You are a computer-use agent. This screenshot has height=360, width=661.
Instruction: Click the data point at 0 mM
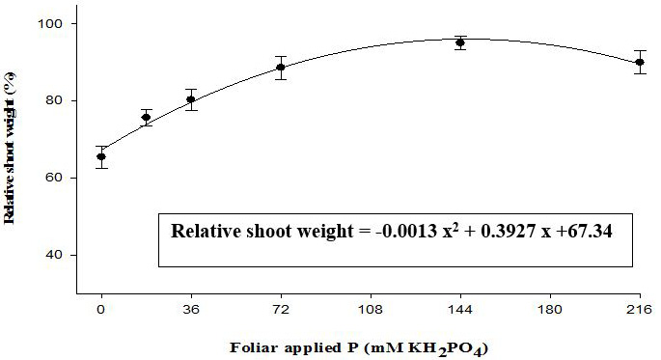(x=101, y=156)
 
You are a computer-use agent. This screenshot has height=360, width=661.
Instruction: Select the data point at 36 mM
(x=191, y=99)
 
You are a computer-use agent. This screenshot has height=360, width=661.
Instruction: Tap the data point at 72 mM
(x=281, y=68)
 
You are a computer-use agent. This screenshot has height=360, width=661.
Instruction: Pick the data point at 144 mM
(x=460, y=42)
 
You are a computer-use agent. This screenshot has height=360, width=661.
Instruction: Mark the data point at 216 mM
(x=640, y=62)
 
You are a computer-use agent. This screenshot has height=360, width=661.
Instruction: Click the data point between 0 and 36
(x=147, y=117)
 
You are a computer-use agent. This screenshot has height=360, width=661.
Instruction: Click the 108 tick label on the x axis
(x=371, y=310)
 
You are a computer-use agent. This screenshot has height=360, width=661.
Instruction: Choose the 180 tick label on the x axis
(x=550, y=310)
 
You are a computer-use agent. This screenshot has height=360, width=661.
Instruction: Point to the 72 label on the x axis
(x=281, y=310)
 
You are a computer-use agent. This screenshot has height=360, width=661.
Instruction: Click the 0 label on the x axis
(x=101, y=310)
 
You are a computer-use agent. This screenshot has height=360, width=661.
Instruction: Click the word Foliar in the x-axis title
(x=254, y=348)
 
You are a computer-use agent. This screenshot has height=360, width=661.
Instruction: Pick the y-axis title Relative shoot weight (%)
(x=10, y=149)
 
